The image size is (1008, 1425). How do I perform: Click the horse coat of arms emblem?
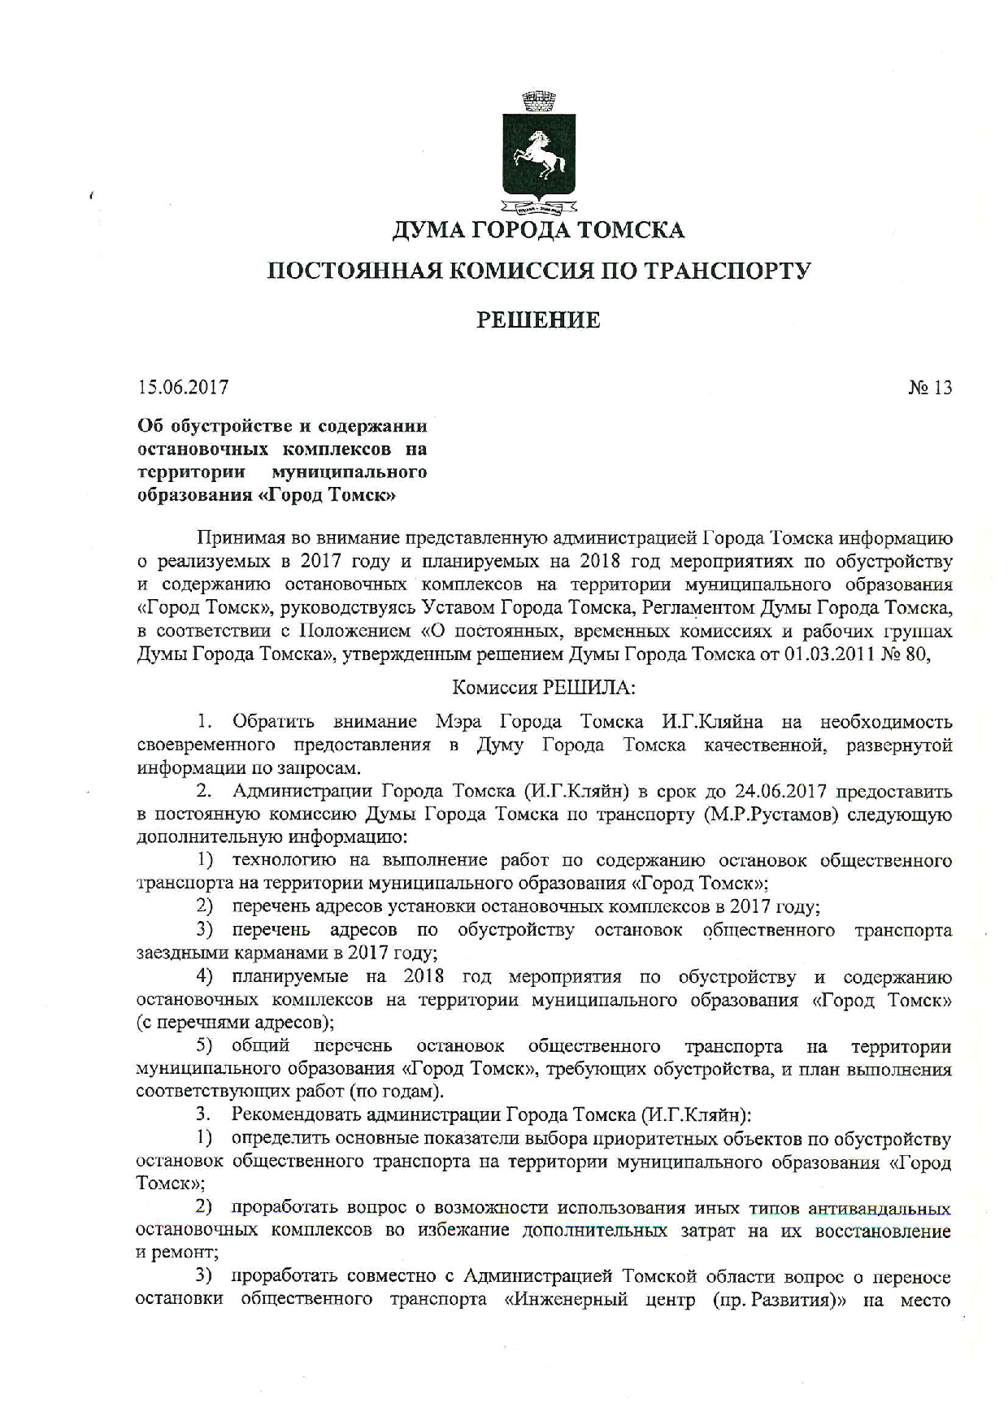click(538, 154)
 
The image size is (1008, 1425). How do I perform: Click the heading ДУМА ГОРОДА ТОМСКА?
click(538, 231)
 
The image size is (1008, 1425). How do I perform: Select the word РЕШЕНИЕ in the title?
click(538, 320)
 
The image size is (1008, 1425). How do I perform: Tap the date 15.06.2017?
click(183, 387)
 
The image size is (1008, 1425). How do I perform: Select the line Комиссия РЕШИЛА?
click(543, 687)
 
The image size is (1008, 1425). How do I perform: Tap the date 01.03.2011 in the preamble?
click(829, 654)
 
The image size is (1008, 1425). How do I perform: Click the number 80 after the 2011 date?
click(917, 654)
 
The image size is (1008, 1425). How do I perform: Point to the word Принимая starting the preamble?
click(236, 538)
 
